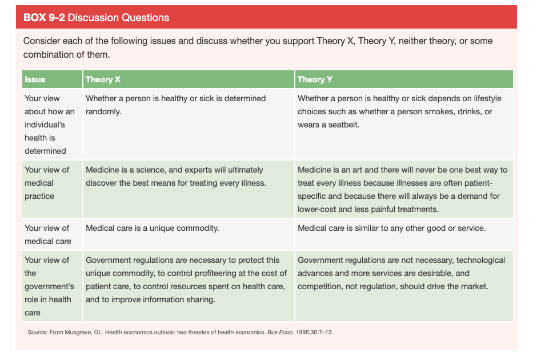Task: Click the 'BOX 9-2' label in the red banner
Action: (x=44, y=18)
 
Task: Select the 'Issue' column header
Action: (x=35, y=79)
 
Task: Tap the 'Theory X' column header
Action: (x=103, y=79)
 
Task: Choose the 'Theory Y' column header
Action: (x=315, y=79)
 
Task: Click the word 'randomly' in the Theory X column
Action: (x=102, y=111)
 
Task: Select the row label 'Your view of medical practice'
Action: (x=47, y=183)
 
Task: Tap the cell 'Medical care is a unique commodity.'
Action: (x=153, y=228)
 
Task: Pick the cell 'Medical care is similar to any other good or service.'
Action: (x=391, y=228)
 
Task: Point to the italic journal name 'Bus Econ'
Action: (x=280, y=332)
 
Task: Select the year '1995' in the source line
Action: (x=302, y=332)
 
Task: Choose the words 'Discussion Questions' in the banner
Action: (x=118, y=18)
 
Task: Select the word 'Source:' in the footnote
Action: (x=38, y=332)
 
